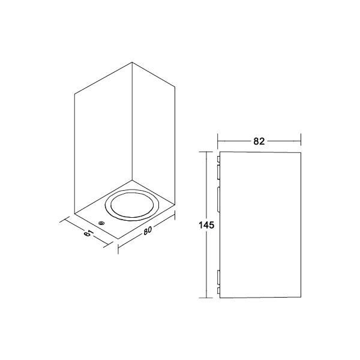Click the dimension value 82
(x=259, y=142)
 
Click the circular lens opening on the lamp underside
(x=130, y=206)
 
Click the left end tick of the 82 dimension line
(x=217, y=142)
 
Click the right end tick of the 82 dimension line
(x=300, y=142)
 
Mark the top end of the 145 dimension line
(x=209, y=152)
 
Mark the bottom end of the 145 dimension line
(x=209, y=298)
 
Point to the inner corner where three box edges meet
(x=131, y=179)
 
